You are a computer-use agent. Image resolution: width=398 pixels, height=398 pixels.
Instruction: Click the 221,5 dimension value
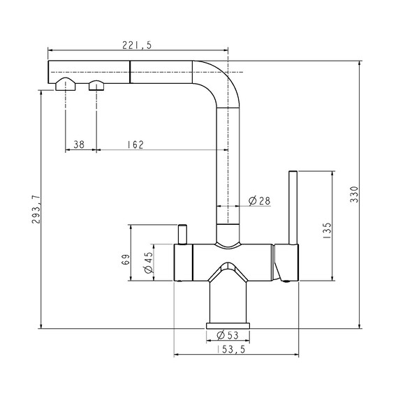[137, 45]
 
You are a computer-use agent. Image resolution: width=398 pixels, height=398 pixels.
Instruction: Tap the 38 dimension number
[79, 145]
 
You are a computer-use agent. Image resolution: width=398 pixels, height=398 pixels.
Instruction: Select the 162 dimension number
[135, 145]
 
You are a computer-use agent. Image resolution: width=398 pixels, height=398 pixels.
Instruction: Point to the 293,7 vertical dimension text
[36, 209]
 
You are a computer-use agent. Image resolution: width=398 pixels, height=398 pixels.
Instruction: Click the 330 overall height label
[354, 194]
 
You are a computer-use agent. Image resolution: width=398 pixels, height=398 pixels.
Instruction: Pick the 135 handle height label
[327, 230]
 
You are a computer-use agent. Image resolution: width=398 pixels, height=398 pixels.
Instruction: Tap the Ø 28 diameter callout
[260, 201]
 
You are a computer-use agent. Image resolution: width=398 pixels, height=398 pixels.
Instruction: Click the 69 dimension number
[126, 260]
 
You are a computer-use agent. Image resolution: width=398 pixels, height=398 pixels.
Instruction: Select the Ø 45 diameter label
[149, 263]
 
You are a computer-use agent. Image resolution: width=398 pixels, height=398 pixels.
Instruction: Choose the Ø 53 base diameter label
[228, 335]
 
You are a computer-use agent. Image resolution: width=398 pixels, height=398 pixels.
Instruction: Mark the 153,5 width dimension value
[231, 350]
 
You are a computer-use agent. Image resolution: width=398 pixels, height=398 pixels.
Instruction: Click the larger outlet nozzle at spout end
[66, 84]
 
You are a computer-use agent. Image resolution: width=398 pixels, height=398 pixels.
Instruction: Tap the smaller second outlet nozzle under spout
[96, 85]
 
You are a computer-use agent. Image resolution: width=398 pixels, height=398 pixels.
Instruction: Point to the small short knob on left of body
[182, 235]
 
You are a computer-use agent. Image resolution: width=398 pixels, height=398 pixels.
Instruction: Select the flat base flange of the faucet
[228, 325]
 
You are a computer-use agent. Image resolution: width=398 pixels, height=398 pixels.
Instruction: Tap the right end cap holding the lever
[286, 263]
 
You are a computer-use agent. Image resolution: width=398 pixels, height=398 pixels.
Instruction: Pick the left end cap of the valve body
[183, 263]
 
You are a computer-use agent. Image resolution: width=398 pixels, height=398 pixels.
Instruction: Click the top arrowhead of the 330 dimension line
[359, 64]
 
